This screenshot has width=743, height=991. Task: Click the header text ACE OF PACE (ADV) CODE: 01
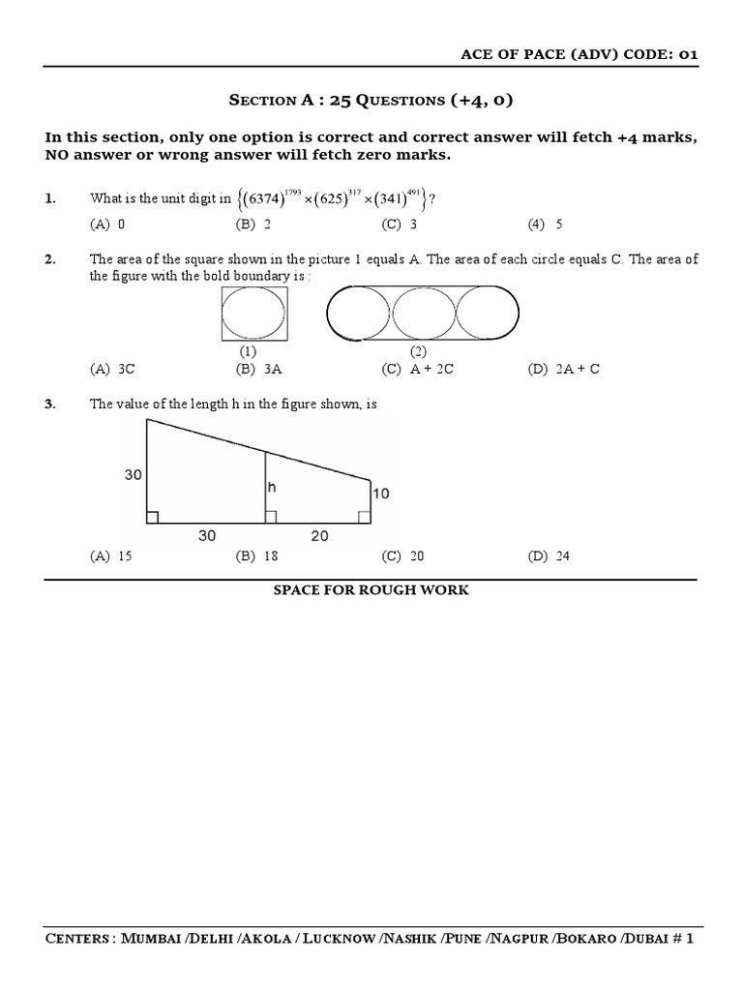tap(579, 54)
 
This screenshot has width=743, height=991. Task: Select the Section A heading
tap(371, 100)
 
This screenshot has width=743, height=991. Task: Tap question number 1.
tap(50, 198)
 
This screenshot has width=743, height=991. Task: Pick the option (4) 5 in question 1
tap(546, 225)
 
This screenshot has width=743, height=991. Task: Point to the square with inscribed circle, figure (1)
tap(253, 316)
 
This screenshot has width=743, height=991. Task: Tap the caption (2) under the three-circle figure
tap(419, 350)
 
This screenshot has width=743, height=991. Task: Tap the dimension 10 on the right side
tap(380, 494)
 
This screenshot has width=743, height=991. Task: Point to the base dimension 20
tap(319, 535)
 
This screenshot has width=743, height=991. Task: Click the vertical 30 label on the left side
tap(133, 474)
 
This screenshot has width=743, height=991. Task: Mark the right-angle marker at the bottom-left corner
tap(152, 518)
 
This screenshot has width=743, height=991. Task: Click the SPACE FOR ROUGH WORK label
tap(371, 590)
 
